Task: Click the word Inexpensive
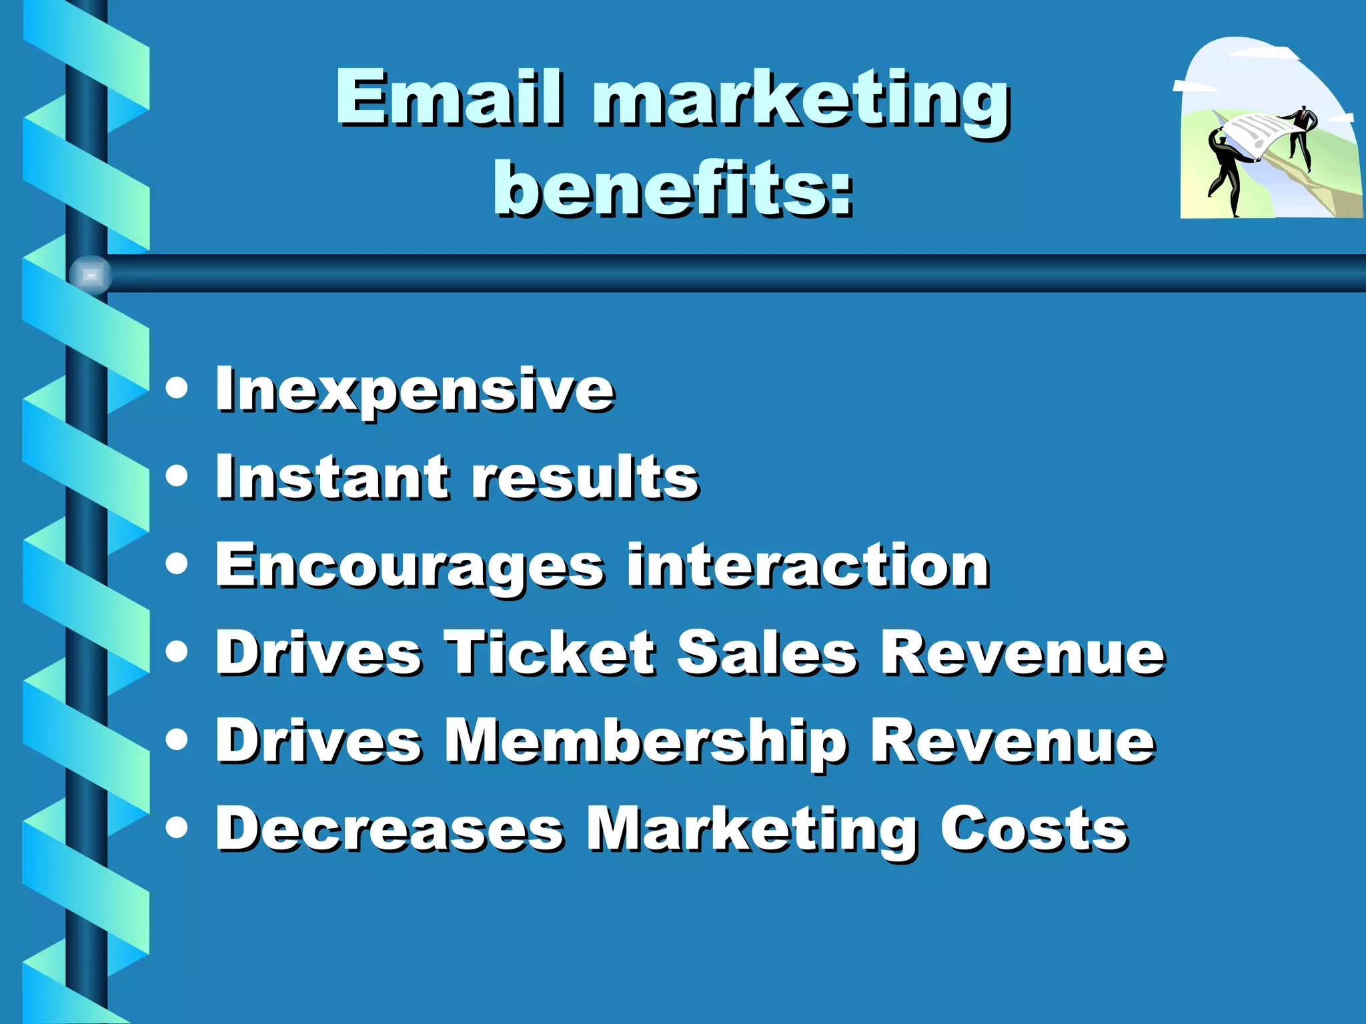click(x=414, y=390)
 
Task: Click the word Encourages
click(x=410, y=567)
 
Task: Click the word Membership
click(x=646, y=742)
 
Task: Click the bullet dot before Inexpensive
click(x=177, y=388)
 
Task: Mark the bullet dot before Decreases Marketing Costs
click(x=177, y=827)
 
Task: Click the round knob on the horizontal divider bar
click(x=91, y=275)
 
